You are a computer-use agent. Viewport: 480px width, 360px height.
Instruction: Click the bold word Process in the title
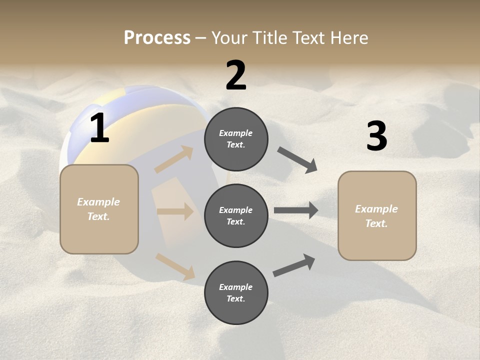[x=157, y=38]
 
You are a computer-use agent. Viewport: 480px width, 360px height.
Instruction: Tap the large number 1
[x=99, y=128]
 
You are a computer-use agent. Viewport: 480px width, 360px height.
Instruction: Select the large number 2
[x=236, y=75]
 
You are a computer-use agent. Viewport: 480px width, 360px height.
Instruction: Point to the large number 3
[x=376, y=136]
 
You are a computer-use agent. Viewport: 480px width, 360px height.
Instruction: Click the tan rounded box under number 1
[x=99, y=209]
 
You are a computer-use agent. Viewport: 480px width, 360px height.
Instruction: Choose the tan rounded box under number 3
[x=377, y=216]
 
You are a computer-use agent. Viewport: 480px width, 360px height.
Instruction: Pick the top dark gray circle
[x=236, y=139]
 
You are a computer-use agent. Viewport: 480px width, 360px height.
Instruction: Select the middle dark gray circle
[x=236, y=216]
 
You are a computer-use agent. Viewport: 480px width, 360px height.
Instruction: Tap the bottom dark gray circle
[x=236, y=293]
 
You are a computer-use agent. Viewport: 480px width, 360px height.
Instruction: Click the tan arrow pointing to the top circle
[x=174, y=159]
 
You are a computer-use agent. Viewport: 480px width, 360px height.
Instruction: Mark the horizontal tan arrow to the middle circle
[x=175, y=211]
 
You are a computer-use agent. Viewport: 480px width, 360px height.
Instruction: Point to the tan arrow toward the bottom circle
[x=175, y=266]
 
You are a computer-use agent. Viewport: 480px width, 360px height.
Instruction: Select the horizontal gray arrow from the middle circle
[x=296, y=210]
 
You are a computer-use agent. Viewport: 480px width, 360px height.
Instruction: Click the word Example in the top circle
[x=236, y=133]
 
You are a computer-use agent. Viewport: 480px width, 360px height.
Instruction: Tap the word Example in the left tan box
[x=98, y=202]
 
